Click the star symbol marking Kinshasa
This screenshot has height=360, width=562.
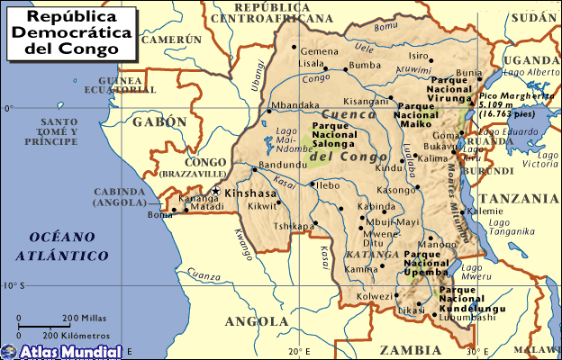coord(215,191)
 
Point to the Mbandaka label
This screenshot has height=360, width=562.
coord(296,105)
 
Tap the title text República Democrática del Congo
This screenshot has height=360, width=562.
coord(71,32)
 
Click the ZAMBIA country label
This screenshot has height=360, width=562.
coord(411,349)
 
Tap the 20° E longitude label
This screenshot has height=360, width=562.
coord(300,350)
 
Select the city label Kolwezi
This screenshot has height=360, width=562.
coord(375,295)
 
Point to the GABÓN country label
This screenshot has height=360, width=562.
coord(159,121)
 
